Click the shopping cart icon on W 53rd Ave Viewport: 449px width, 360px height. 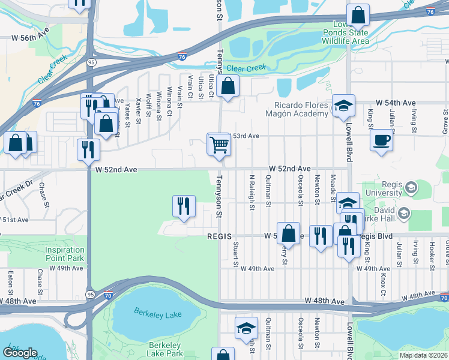(219, 144)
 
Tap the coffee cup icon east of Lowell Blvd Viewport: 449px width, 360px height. (381, 141)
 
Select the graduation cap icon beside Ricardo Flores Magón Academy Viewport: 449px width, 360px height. (343, 106)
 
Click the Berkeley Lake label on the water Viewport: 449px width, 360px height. (156, 314)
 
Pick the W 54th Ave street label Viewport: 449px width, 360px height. (396, 103)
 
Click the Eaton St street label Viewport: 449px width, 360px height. (11, 279)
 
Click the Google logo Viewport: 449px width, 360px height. (20, 353)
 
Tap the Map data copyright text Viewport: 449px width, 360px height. (424, 355)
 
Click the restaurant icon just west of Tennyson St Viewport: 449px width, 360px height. (184, 206)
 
